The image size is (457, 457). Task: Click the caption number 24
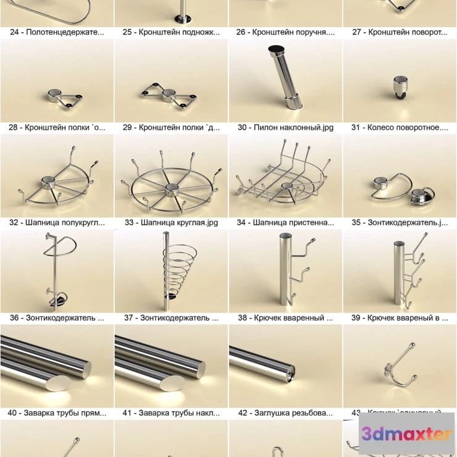15,32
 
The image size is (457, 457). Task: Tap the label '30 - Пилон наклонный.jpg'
285,127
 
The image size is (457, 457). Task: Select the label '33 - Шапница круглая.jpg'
171,222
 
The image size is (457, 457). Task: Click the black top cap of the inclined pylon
276,49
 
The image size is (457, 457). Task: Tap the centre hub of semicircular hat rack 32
47,182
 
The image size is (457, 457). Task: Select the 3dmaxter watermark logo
406,434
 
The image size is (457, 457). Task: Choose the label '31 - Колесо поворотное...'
400,127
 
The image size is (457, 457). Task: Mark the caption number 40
13,413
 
